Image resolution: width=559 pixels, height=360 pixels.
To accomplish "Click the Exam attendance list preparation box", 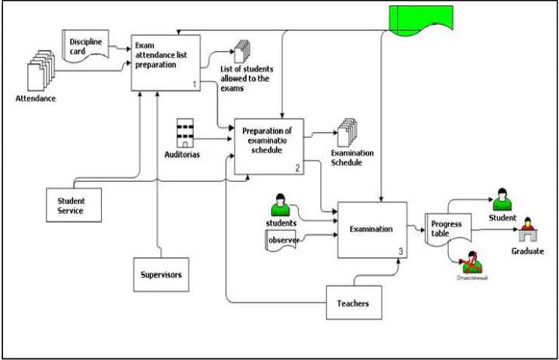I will click(x=168, y=63).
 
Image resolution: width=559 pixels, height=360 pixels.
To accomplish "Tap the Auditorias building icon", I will click(x=186, y=133).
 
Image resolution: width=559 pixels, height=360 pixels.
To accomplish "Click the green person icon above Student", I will click(x=502, y=200).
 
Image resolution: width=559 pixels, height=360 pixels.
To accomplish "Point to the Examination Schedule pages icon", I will click(x=347, y=132).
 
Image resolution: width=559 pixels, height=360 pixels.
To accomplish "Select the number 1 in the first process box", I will click(x=195, y=85).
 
